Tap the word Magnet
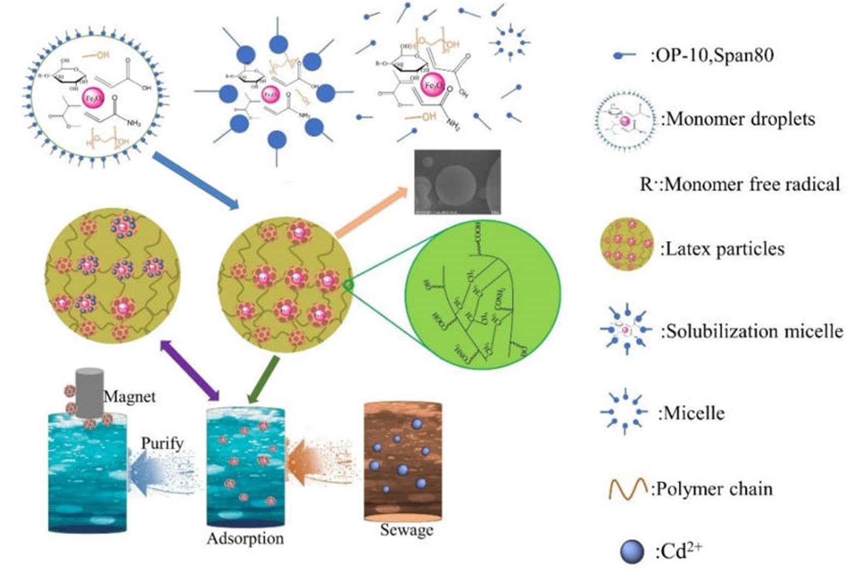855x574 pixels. tap(129, 397)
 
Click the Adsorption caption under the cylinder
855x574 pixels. tap(245, 539)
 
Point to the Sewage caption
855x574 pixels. tap(407, 530)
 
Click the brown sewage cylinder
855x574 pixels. tap(403, 461)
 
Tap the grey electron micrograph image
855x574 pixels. tap(458, 182)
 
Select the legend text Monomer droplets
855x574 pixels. tap(738, 119)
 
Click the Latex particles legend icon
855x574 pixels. tap(627, 244)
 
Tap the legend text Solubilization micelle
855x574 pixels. tap(752, 331)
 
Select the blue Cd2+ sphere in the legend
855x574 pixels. tap(632, 552)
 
